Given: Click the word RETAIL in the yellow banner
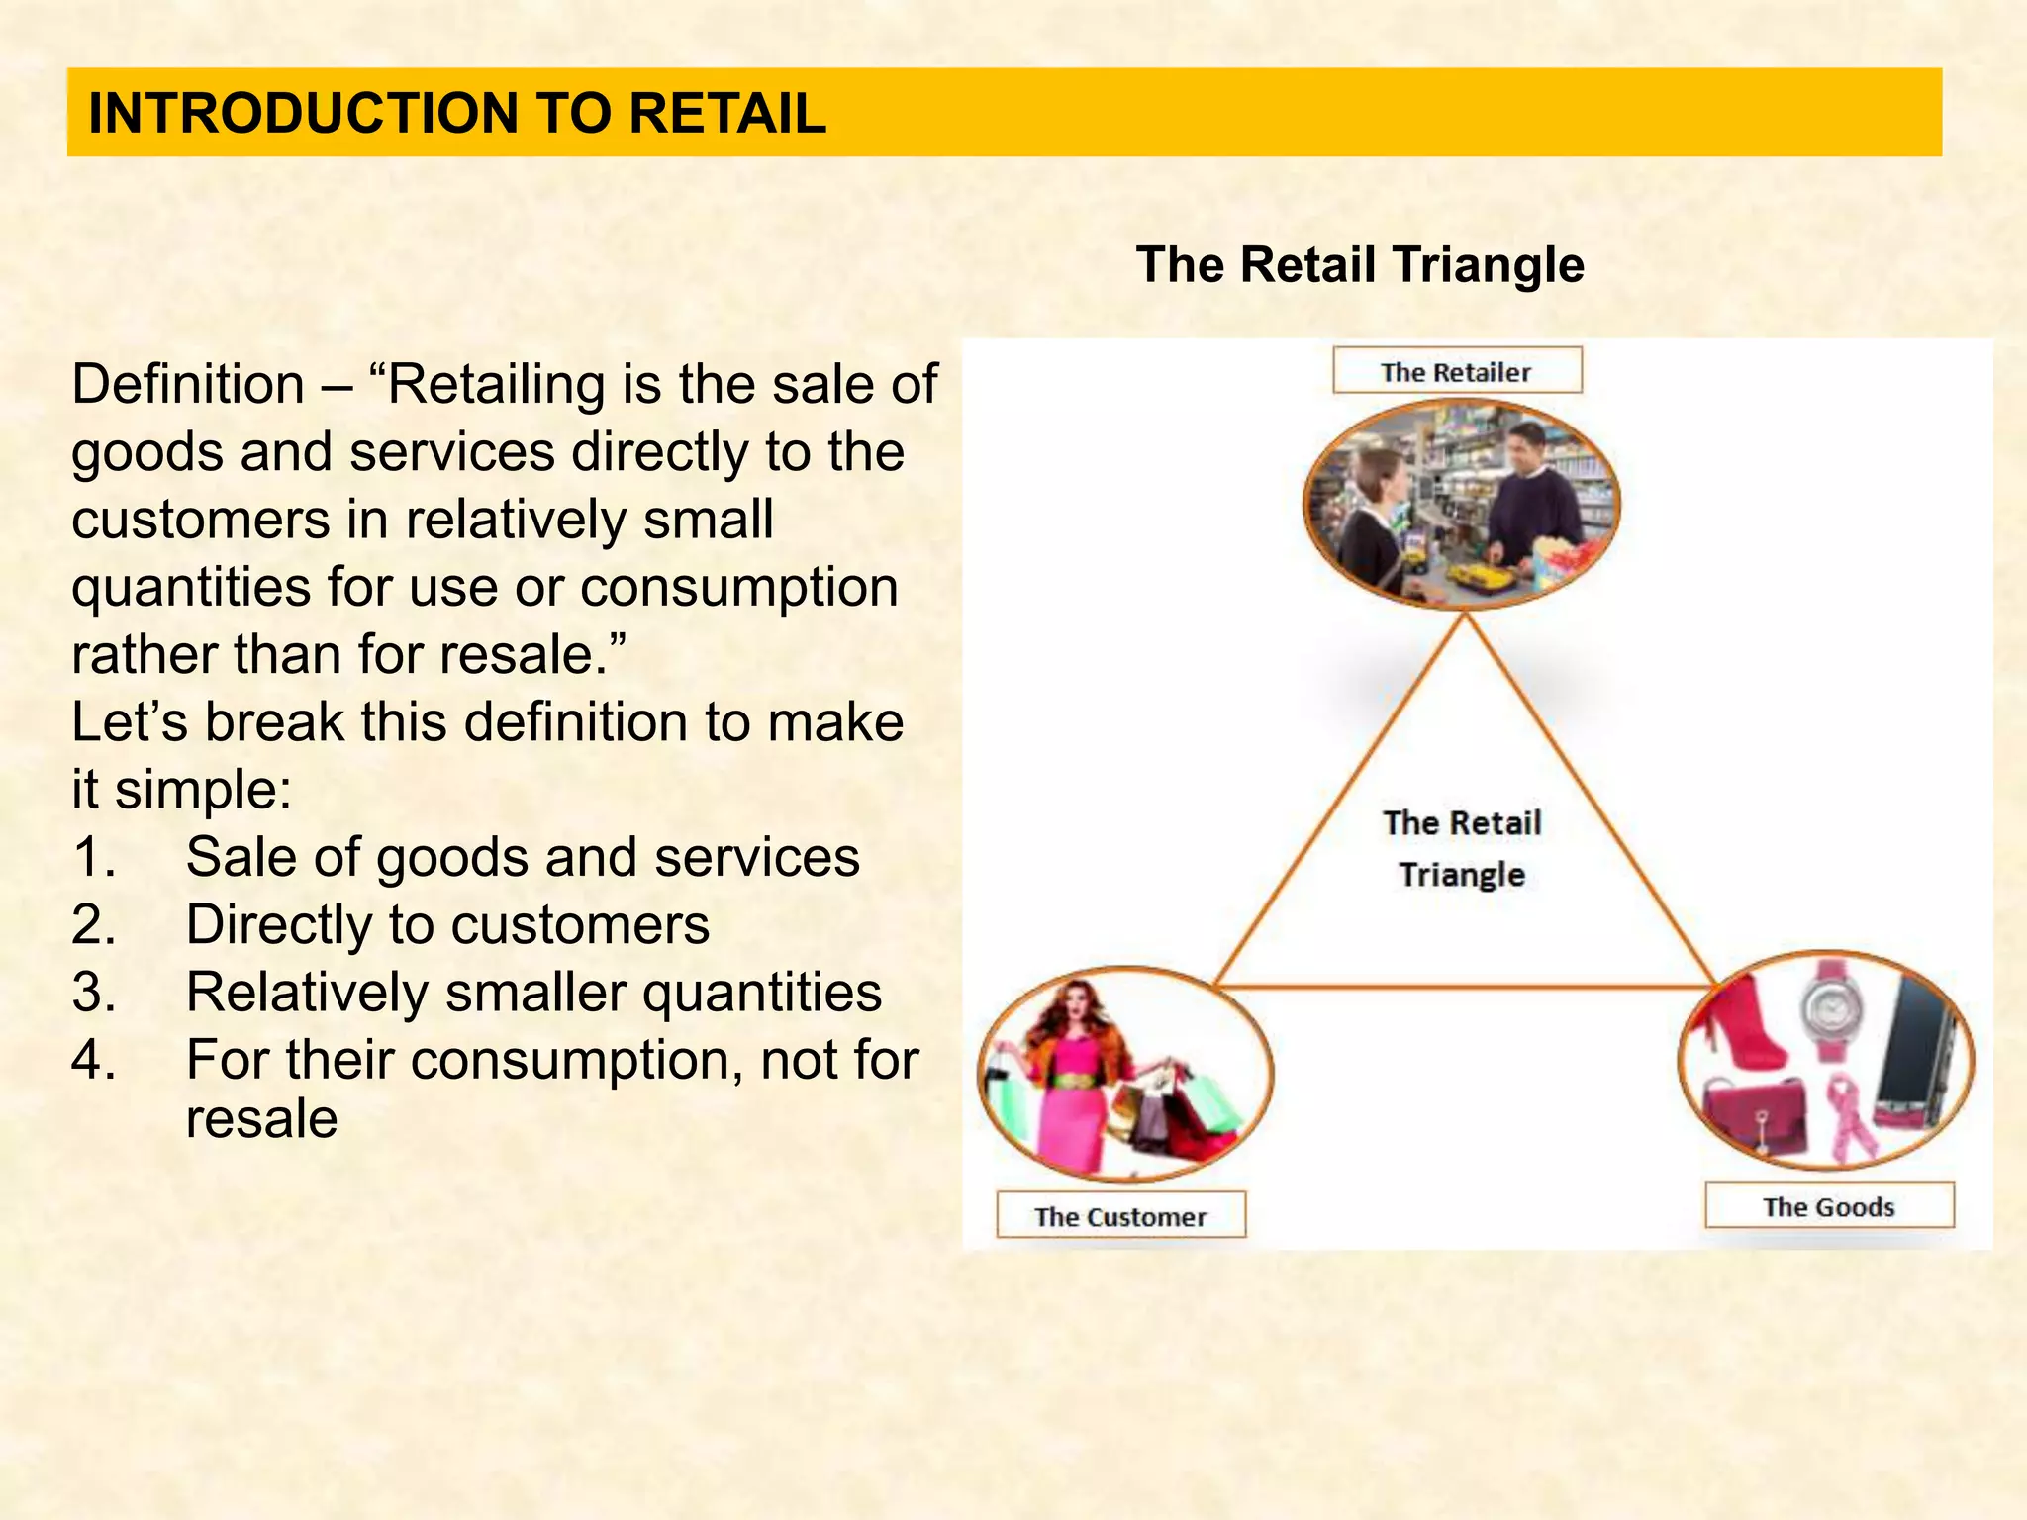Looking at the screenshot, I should pos(727,113).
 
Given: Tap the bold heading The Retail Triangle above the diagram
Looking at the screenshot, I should pos(1360,265).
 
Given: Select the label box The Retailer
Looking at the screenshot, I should pos(1456,372).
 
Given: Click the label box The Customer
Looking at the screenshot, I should pos(1120,1216).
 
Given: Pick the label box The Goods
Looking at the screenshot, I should pos(1828,1206).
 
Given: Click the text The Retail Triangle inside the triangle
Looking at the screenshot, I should pos(1462,848).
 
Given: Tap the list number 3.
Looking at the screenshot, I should pos(94,992).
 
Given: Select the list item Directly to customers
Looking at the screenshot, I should pos(447,924).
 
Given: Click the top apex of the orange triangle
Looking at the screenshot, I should pos(1466,616).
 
